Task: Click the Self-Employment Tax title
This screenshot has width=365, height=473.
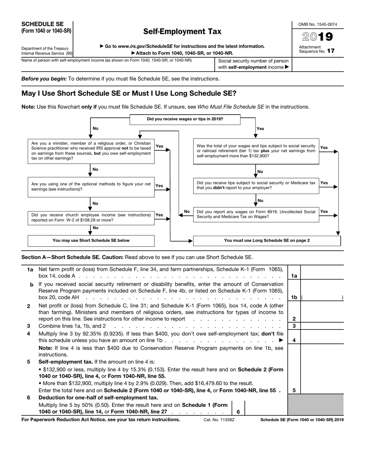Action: [x=182, y=32]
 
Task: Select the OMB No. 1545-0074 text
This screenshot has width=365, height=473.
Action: [x=318, y=24]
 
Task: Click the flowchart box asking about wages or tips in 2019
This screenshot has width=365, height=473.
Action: [x=185, y=119]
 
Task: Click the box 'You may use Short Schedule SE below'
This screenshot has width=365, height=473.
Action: [x=91, y=240]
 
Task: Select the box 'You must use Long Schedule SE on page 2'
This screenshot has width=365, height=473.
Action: [x=267, y=240]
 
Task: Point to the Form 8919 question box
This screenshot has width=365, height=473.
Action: [x=256, y=214]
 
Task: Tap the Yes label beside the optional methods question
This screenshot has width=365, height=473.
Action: [x=159, y=186]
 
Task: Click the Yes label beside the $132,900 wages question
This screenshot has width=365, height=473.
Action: [x=324, y=148]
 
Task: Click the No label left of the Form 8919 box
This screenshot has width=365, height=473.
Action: [x=187, y=212]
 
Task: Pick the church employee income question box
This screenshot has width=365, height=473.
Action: [x=91, y=218]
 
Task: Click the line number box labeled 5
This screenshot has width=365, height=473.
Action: [x=294, y=390]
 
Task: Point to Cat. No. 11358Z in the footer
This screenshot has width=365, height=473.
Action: [x=219, y=420]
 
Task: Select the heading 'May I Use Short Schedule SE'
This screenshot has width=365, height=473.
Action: [x=129, y=93]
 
